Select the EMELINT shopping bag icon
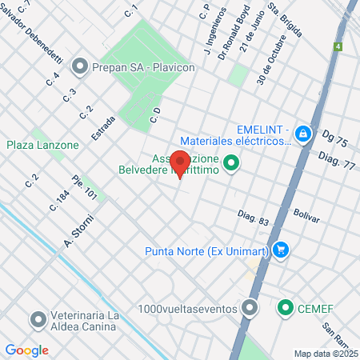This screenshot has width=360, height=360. click(x=303, y=134)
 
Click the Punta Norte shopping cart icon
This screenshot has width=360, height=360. click(x=279, y=251)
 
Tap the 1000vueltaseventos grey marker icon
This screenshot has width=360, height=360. click(x=250, y=307)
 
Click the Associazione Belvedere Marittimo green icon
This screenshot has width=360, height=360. click(x=232, y=165)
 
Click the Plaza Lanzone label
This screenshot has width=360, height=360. click(x=43, y=145)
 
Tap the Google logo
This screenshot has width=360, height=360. click(x=26, y=350)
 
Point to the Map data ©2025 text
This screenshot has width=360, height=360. click(x=324, y=354)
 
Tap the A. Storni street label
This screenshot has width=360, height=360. click(x=79, y=232)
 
